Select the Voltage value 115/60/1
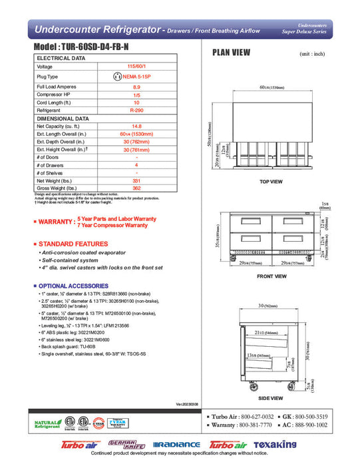coord(136,67)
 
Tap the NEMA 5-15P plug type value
coord(136,77)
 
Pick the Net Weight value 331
coord(136,180)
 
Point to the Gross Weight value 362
coord(136,188)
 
